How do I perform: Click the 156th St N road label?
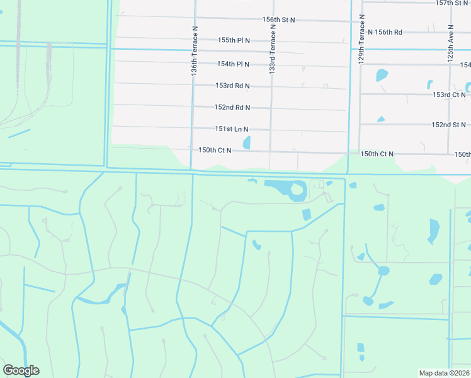279,20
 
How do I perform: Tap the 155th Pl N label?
234,40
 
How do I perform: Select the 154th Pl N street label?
234,64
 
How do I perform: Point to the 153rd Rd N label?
232,86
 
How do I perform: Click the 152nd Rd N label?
232,108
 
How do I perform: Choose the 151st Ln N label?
232,129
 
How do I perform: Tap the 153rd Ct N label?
449,94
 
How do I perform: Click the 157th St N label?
453,3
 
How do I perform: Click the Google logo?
21,370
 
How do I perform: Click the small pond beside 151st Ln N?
247,143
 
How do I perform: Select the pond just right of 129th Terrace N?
382,75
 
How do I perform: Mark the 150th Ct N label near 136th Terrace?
215,151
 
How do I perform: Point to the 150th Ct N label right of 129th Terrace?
377,154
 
